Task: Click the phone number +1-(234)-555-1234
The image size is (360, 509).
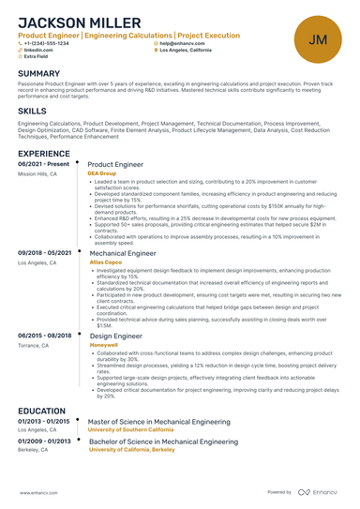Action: click(47, 43)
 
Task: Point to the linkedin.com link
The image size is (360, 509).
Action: click(38, 50)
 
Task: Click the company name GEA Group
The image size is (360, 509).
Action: click(102, 173)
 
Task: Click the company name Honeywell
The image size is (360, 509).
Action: click(103, 344)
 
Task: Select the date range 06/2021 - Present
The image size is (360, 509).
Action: click(43, 164)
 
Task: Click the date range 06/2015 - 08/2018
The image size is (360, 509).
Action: click(44, 335)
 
